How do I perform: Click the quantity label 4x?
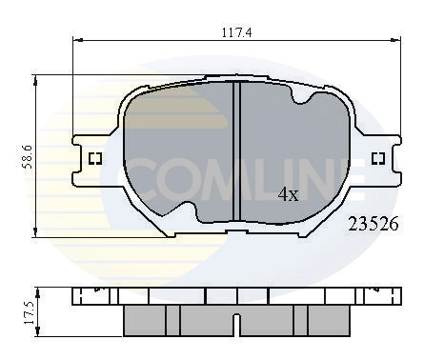[x=288, y=194]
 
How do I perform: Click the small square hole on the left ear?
[x=94, y=158]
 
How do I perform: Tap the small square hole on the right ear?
[x=377, y=158]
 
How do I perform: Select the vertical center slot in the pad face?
[x=235, y=152]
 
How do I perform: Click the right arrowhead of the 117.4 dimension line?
[x=394, y=41]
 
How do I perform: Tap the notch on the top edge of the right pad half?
[x=303, y=98]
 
